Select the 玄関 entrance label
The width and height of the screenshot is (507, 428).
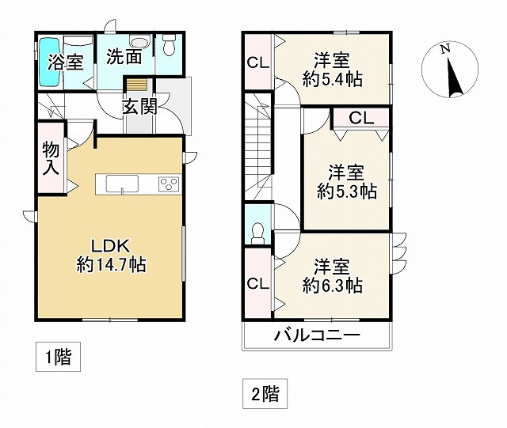[139, 106]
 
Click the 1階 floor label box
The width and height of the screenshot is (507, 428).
[57, 358]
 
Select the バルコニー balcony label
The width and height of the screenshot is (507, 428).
[318, 335]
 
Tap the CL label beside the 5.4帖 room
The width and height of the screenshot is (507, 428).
[257, 62]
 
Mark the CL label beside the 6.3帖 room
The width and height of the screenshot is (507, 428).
[257, 283]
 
